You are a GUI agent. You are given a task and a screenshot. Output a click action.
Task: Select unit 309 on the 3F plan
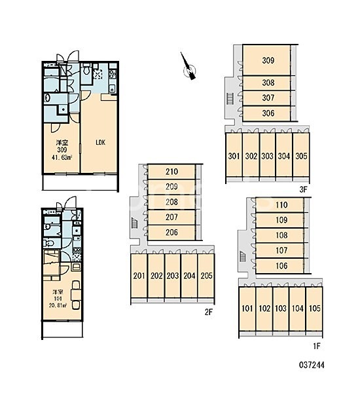click(266, 60)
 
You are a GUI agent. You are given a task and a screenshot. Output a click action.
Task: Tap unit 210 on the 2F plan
click(171, 172)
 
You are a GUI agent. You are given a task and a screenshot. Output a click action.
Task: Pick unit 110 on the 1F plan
click(279, 205)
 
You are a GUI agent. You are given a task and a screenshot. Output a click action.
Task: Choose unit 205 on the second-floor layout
click(206, 276)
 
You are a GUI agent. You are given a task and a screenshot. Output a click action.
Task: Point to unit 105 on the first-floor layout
click(314, 309)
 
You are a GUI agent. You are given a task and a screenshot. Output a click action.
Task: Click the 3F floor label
click(303, 190)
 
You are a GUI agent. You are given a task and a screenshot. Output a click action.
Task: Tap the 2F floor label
click(208, 312)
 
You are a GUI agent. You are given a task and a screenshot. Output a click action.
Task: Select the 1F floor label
click(317, 346)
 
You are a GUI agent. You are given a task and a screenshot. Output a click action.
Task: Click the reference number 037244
click(312, 365)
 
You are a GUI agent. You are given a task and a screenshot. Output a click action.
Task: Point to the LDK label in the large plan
click(100, 143)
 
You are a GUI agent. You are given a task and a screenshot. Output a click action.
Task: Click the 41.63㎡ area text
click(62, 157)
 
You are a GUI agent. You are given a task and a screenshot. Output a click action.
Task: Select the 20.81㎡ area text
click(58, 305)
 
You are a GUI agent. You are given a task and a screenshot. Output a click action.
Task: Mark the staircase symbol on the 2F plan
click(135, 223)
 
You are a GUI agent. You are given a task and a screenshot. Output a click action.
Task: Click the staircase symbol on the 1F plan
click(243, 256)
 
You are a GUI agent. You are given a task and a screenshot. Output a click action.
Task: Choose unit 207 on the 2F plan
click(171, 217)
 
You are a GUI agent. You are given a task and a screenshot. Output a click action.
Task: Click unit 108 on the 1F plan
click(279, 235)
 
